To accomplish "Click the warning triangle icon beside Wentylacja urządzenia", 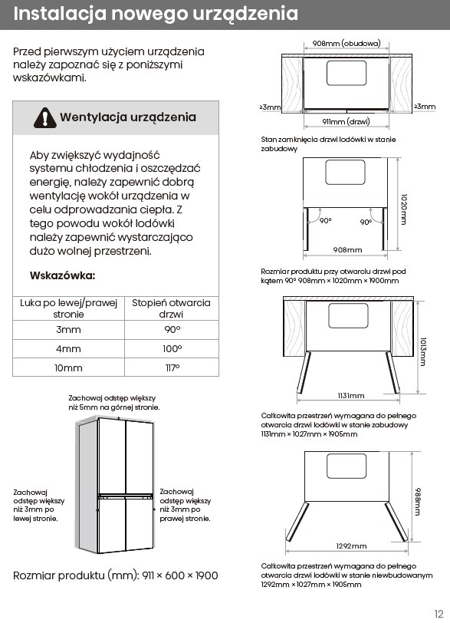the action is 44,117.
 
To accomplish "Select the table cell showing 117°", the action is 172,368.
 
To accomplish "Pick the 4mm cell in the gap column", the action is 68,349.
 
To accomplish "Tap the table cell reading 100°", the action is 172,349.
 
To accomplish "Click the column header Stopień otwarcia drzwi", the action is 172,308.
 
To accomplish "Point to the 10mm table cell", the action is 68,368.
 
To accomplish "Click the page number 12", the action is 439,614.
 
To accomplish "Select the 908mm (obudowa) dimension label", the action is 347,43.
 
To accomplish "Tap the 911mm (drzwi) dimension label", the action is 346,121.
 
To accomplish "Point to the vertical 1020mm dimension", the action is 404,209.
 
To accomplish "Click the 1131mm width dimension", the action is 351,396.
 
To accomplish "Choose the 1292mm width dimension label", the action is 351,546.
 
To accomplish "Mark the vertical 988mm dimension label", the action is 418,502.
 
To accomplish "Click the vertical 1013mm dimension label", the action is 423,351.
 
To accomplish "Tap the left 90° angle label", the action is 325,220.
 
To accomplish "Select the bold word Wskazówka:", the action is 62,275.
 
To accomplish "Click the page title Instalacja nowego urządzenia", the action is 156,14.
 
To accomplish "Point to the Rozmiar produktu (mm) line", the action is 116,575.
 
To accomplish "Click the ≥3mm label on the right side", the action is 425,107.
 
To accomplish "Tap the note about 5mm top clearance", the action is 114,403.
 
